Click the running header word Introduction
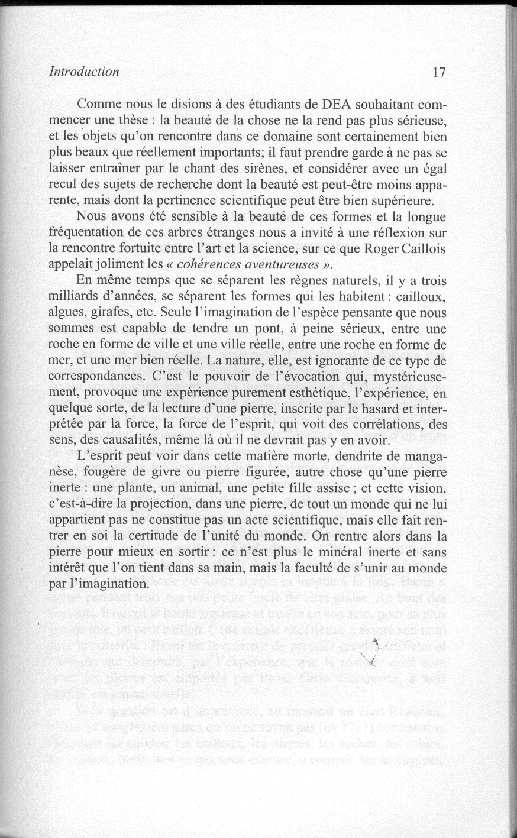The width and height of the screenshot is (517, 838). click(85, 72)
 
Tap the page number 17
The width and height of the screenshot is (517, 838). click(438, 72)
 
